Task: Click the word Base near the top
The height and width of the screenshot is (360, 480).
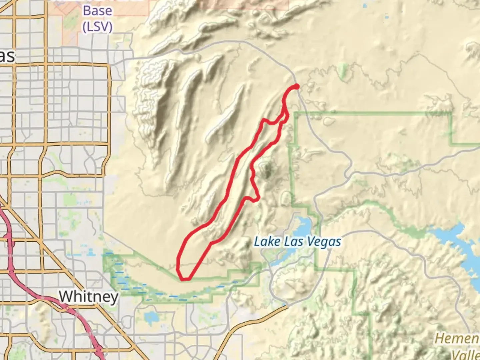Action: point(97,11)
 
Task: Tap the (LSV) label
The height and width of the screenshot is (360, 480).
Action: point(97,27)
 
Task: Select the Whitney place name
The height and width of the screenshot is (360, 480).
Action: point(89,296)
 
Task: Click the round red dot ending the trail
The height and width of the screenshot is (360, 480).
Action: point(296,87)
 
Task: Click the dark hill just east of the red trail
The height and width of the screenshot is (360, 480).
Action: point(267,170)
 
